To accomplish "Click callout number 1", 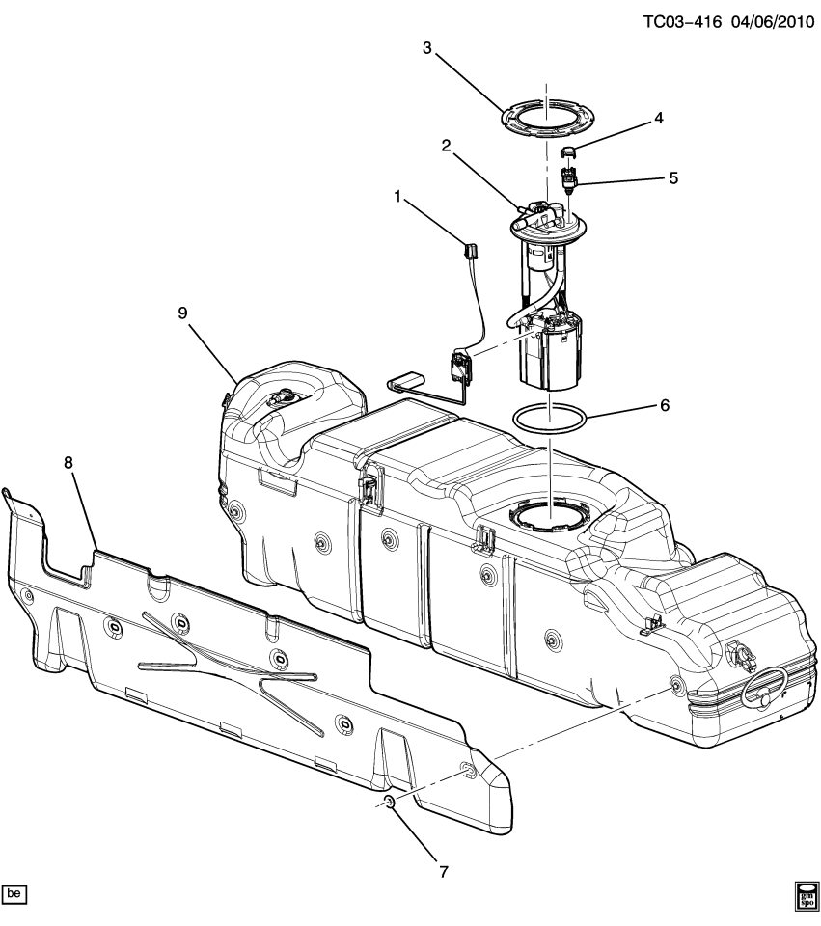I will pyautogui.click(x=397, y=198).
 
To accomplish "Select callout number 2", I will pyautogui.click(x=447, y=145).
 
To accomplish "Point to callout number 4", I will pyautogui.click(x=658, y=119).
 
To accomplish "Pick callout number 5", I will pyautogui.click(x=673, y=178).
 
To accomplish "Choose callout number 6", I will pyautogui.click(x=664, y=406).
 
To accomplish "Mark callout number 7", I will pyautogui.click(x=443, y=872).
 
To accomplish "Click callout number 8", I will pyautogui.click(x=68, y=462).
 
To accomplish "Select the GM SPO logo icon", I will pyautogui.click(x=805, y=895).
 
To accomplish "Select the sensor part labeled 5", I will pyautogui.click(x=569, y=178).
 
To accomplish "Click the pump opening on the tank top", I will pyautogui.click(x=546, y=515).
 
